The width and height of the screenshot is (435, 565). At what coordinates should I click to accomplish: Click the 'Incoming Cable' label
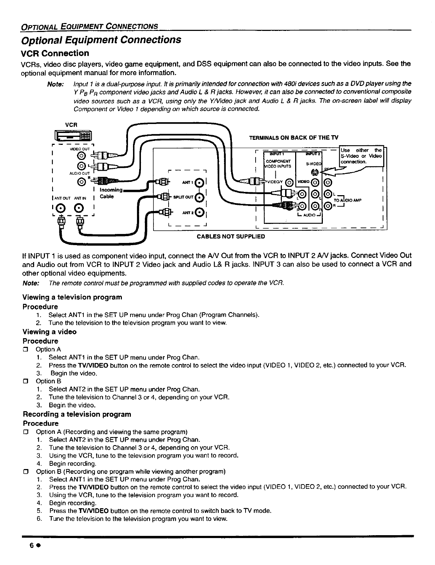pyautogui.click(x=111, y=193)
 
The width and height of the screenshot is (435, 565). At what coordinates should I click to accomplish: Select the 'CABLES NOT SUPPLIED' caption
pyautogui.click(x=231, y=236)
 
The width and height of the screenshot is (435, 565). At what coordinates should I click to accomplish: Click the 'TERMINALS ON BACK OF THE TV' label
pyautogui.click(x=294, y=138)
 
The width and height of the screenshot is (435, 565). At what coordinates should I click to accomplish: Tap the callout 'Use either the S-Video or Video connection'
pyautogui.click(x=361, y=156)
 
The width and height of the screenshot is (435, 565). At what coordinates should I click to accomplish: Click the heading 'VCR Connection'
pyautogui.click(x=56, y=53)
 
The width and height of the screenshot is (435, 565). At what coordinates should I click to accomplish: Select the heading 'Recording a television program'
pyautogui.click(x=77, y=414)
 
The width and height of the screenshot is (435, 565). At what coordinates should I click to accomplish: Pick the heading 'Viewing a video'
pyautogui.click(x=49, y=332)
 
